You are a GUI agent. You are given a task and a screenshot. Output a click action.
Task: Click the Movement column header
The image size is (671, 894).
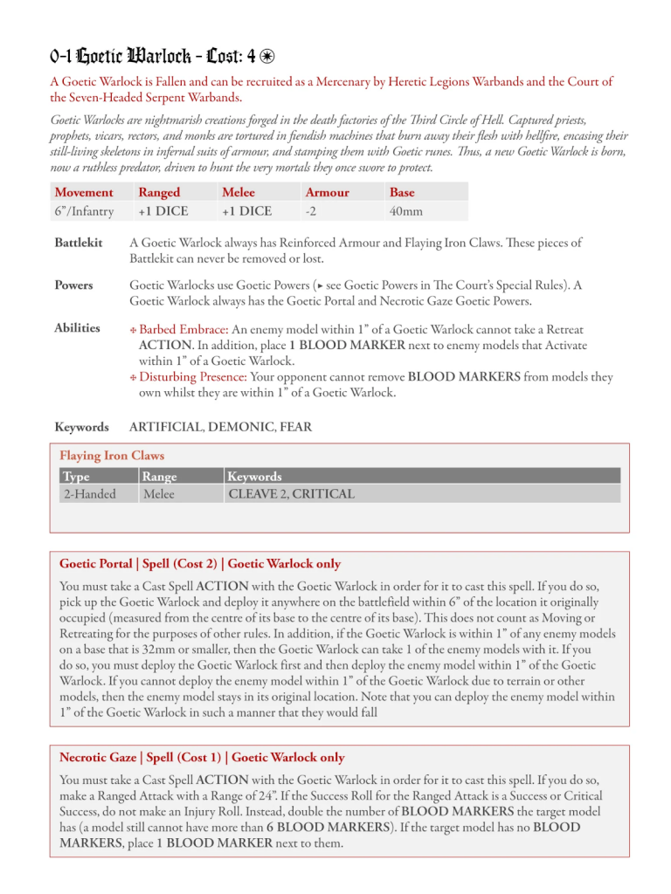click(83, 192)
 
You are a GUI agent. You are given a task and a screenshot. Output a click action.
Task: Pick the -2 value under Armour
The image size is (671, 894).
click(310, 210)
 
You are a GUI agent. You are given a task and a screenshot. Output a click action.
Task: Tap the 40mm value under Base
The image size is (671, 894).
click(406, 210)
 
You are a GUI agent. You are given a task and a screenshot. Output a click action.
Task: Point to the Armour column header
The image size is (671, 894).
click(327, 192)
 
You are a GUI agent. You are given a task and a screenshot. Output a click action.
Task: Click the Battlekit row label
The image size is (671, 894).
click(76, 243)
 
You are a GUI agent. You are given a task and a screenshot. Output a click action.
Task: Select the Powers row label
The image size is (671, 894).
click(73, 285)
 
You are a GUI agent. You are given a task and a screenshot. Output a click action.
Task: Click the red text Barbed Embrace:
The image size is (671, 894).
click(183, 329)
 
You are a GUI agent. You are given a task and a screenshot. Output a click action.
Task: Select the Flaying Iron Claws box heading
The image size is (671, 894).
click(111, 456)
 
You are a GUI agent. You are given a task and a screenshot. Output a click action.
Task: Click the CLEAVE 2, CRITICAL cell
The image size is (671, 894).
click(290, 494)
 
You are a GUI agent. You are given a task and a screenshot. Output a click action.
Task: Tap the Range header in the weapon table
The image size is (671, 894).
click(158, 477)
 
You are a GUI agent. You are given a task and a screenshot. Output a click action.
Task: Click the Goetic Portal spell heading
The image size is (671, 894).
click(199, 564)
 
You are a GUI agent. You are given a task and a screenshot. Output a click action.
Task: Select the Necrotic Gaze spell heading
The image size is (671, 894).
click(201, 758)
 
